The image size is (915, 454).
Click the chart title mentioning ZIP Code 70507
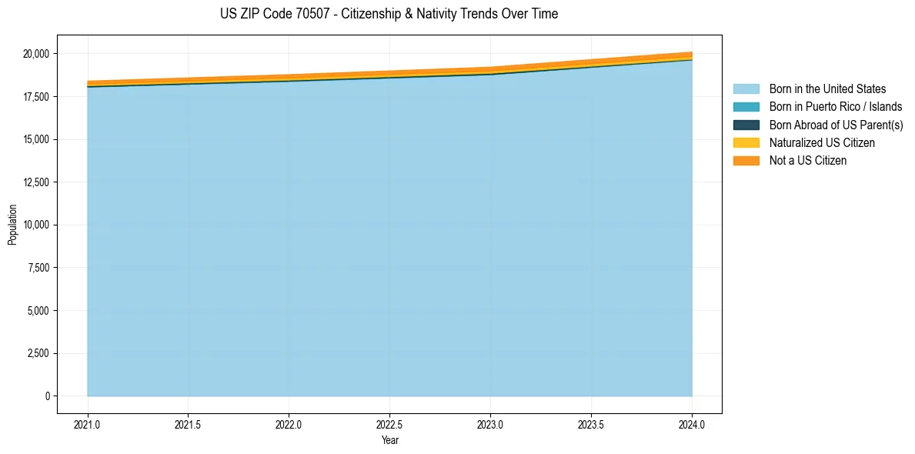point(389,14)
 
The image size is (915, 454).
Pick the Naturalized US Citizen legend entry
point(822,142)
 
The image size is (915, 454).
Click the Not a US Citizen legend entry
point(807,161)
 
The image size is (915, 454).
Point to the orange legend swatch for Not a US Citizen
point(746,161)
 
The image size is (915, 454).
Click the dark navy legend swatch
point(746,125)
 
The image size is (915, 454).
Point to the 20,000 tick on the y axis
point(36,54)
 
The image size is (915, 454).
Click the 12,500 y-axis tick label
point(36,182)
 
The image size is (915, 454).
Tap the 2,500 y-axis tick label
point(38,353)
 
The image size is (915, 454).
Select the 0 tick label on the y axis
point(47,396)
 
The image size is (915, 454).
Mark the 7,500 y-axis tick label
point(38,268)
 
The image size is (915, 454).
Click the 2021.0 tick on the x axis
point(87,424)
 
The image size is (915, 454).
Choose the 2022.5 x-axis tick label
point(389,424)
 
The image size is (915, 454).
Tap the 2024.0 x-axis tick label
point(692,424)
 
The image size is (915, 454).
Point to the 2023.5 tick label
point(591,424)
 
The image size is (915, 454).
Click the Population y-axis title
point(12,225)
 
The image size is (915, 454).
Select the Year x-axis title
point(389,440)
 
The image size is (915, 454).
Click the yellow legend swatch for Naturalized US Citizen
point(746,142)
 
